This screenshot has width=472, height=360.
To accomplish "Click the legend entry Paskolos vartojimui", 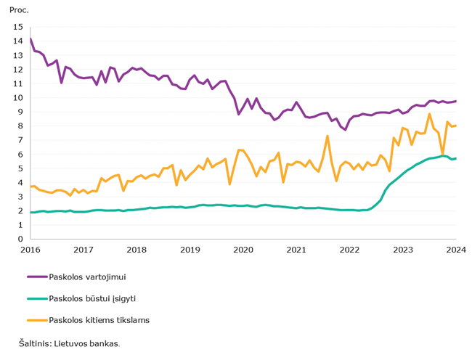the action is click(87, 277).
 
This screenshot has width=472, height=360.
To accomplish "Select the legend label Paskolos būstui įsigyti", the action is click(92, 298).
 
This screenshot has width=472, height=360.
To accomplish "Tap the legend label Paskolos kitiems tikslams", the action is click(99, 320).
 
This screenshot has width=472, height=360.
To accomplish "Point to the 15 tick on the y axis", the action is click(18, 27).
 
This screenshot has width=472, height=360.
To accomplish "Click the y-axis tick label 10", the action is click(18, 98).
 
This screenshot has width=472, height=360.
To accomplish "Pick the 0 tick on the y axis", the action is click(20, 239).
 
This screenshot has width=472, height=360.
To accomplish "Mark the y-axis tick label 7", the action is click(20, 140).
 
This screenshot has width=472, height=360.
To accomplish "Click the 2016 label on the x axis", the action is click(30, 250).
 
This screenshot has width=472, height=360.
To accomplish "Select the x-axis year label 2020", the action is click(243, 250).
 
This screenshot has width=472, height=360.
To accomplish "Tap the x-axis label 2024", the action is click(456, 250).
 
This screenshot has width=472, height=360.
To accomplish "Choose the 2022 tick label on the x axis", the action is click(350, 250).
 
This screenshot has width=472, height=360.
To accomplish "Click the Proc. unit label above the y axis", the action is click(19, 10).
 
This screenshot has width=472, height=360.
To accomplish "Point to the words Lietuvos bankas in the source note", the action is click(86, 343).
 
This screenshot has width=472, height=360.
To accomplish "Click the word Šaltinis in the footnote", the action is click(36, 343).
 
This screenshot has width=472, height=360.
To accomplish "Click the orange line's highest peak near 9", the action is click(430, 114).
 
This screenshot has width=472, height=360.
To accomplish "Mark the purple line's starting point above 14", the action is click(30, 38).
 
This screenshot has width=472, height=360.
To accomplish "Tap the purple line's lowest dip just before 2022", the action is click(345, 130).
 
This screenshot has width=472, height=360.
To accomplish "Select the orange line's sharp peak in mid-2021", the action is click(327, 136).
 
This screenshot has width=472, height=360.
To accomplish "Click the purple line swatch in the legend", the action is click(38, 277).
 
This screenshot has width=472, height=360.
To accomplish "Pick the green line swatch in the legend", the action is click(38, 298).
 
